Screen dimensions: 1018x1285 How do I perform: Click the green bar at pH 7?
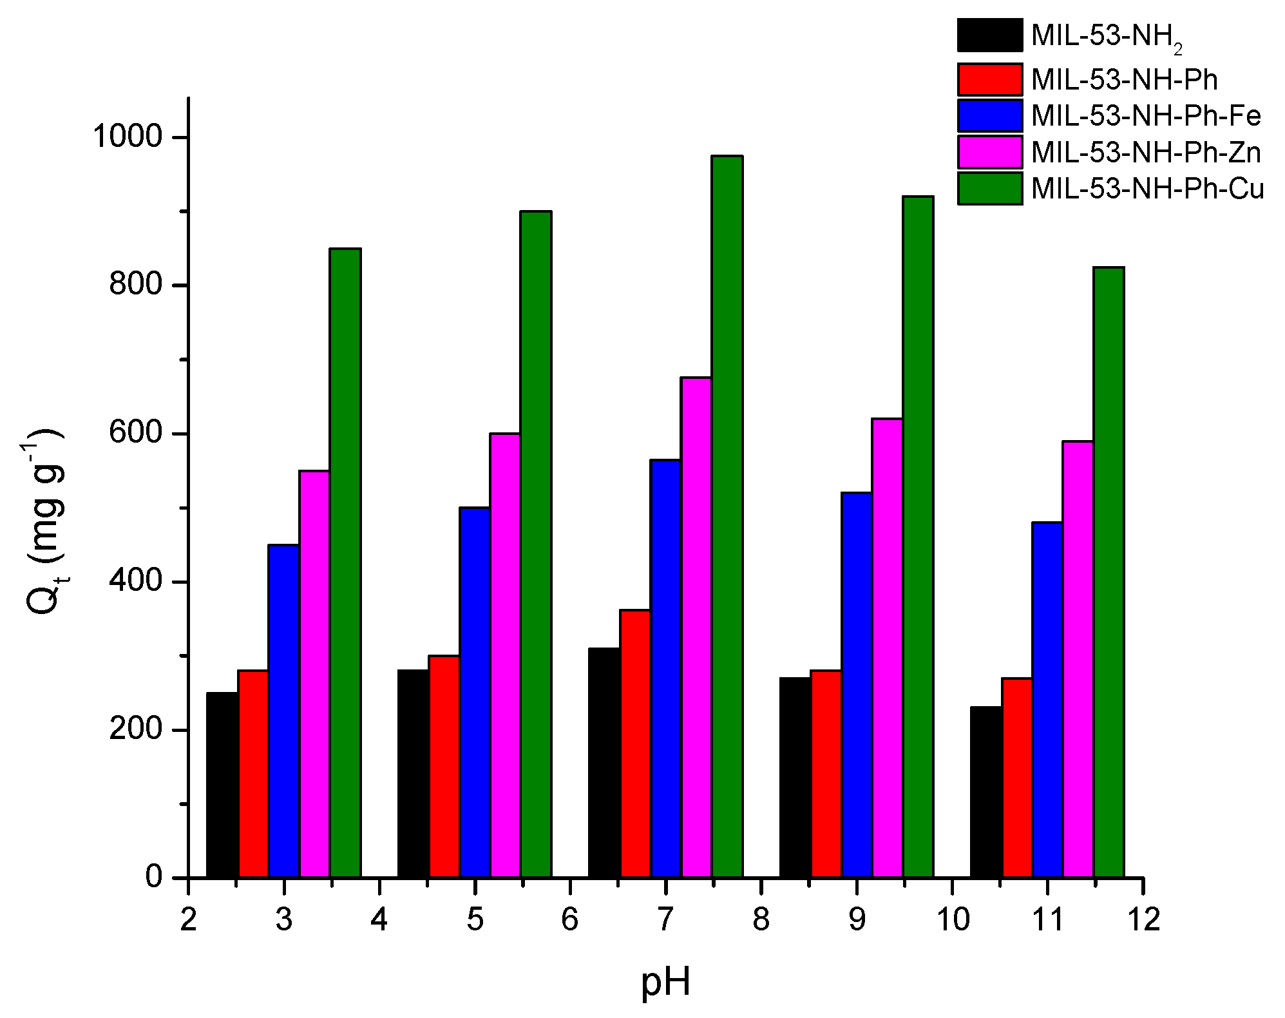[727, 515]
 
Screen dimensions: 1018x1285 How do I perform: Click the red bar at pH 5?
[444, 766]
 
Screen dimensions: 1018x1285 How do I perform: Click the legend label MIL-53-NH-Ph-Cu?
[1147, 189]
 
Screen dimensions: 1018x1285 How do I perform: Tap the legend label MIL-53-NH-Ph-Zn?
[1146, 153]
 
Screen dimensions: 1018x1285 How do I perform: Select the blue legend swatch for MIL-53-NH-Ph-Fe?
[989, 116]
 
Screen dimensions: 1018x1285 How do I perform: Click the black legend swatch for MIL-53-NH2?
[989, 35]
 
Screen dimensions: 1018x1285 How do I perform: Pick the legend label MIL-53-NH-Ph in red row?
[1125, 80]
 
